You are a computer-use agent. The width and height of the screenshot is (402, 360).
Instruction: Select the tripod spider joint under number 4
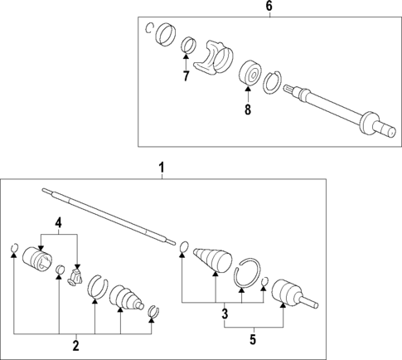pyautogui.click(x=76, y=276)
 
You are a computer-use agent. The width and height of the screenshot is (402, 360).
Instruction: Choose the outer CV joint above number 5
pyautogui.click(x=290, y=293)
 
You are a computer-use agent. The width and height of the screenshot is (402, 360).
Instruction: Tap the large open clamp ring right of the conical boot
pyautogui.click(x=246, y=275)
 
